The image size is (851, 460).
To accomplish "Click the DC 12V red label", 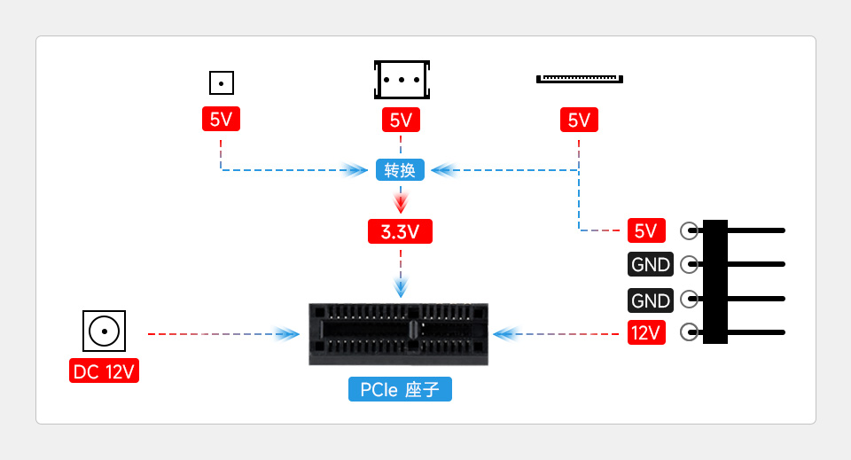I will [104, 371].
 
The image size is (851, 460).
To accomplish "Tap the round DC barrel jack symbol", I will [104, 331].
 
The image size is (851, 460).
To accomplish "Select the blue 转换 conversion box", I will [401, 169].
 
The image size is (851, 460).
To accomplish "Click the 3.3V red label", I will [401, 232].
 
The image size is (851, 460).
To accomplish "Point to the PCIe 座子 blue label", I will [400, 389].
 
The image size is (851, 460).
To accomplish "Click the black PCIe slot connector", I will [400, 334].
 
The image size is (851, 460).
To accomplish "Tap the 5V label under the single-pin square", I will [221, 119].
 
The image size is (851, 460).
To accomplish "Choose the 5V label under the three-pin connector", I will [401, 120].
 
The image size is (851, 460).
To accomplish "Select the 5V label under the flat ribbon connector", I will [579, 120].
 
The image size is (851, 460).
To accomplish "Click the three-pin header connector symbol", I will [402, 80].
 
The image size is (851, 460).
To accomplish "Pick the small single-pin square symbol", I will [221, 83].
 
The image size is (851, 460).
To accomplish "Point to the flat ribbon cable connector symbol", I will [579, 79].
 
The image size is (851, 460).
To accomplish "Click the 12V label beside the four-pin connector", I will [646, 333].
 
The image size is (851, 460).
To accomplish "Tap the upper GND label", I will [651, 264].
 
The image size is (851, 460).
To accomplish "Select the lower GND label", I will [651, 300].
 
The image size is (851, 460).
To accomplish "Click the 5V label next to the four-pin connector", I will [646, 230].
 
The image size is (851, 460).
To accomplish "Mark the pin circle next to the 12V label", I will [689, 333].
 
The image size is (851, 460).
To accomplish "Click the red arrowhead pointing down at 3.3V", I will [401, 203].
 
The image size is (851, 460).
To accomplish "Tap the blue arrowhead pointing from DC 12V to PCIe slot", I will [286, 334].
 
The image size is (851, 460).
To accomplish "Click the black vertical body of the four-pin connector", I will [714, 282].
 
